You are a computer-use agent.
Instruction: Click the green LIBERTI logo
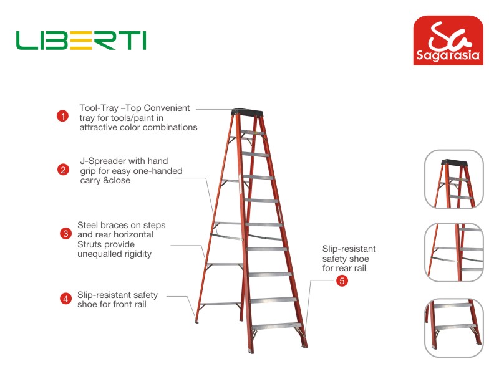[81, 40]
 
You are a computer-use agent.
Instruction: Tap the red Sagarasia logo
[448, 41]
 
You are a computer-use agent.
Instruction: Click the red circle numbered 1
[63, 116]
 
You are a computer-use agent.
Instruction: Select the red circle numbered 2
[63, 170]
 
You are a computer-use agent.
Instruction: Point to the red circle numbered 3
[65, 234]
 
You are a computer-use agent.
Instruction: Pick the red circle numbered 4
[65, 299]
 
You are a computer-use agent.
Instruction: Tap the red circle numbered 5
[342, 281]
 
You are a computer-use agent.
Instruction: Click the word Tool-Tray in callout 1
[99, 108]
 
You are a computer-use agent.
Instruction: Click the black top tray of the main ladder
[247, 112]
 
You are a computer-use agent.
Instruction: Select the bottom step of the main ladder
[276, 326]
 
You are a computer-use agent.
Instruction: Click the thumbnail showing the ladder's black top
[454, 179]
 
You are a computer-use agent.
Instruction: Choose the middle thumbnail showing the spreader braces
[454, 252]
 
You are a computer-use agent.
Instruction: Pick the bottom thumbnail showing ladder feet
[454, 328]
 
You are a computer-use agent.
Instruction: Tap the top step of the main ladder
[253, 132]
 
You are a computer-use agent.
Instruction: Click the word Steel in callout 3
[87, 225]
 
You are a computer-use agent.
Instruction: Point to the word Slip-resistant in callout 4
[100, 295]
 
